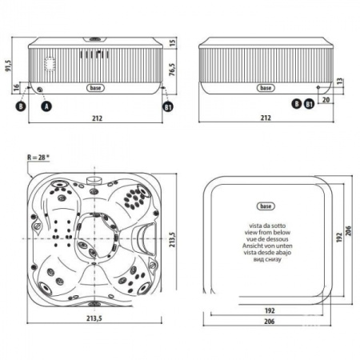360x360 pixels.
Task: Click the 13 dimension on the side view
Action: point(342,82)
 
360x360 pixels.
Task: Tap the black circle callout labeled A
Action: point(46,105)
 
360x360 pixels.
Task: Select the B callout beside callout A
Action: point(21,105)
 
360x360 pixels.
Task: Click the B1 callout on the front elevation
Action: point(167,105)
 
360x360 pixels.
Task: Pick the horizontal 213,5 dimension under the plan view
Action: point(94,319)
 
